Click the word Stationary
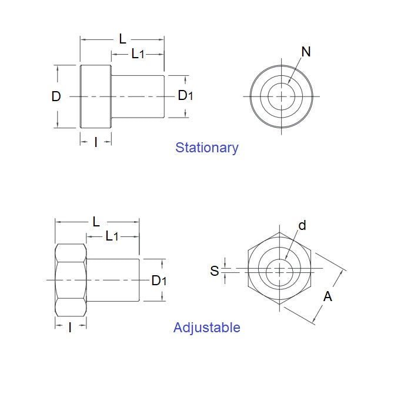tap(206, 148)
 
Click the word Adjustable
tap(206, 328)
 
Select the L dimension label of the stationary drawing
tap(122, 39)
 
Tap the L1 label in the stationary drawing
tap(138, 54)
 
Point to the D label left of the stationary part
tap(56, 96)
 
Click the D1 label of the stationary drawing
tap(185, 95)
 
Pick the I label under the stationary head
tap(96, 142)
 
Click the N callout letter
tap(305, 52)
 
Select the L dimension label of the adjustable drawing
tap(96, 222)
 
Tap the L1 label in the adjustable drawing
tap(112, 236)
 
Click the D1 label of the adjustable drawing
tap(159, 281)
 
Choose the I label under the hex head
tap(70, 328)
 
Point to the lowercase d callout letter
tap(302, 225)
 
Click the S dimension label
tap(215, 271)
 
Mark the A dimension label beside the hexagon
tap(328, 296)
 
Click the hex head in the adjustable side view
tap(71, 280)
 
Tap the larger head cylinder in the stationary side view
tap(95, 96)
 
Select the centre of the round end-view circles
tap(282, 96)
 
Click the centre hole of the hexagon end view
tap(281, 271)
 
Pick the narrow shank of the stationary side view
tap(138, 96)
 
